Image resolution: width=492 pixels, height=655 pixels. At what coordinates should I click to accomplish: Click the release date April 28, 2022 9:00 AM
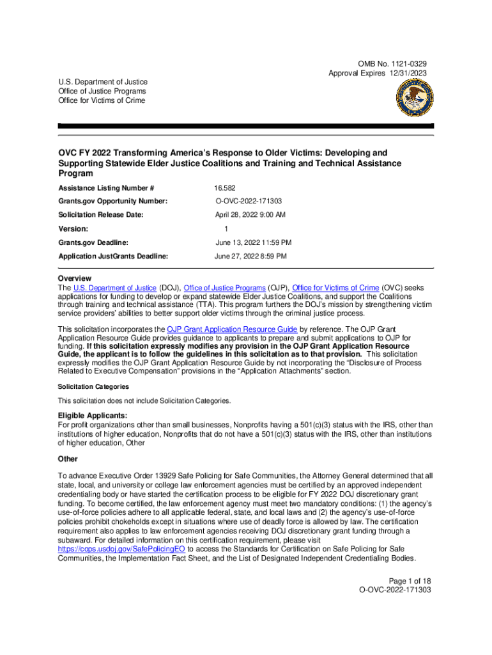coord(250,215)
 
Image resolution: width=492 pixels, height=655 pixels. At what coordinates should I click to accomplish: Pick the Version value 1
coord(226,228)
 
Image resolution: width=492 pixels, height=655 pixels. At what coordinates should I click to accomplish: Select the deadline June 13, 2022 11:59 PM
coord(254,242)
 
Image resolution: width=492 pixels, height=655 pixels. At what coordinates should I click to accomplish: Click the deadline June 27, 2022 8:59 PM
coord(251,256)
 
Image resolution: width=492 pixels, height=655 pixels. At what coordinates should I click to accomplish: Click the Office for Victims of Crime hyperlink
coord(335,288)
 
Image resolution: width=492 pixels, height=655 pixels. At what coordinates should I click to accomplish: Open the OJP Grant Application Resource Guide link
coord(231,329)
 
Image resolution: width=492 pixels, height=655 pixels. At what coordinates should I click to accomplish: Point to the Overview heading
coord(75,279)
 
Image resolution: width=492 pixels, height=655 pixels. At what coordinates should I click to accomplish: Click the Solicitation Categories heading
coord(93,387)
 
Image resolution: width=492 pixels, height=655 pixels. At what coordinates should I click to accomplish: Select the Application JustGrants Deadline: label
coord(113,256)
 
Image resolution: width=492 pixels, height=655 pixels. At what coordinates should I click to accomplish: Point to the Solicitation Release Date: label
coord(101,215)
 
